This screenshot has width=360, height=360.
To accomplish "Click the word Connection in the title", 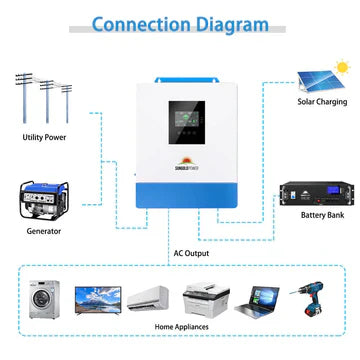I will click(x=140, y=23).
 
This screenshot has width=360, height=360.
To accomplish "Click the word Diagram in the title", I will click(x=231, y=23).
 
